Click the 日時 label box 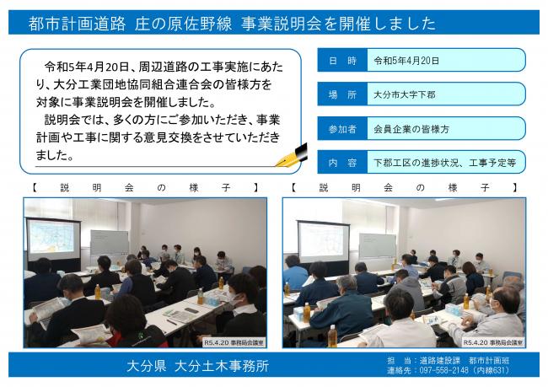[x=340, y=60]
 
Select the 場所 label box [x=340, y=94]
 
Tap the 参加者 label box [x=340, y=128]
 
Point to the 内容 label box [x=340, y=162]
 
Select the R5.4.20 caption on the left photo [x=234, y=342]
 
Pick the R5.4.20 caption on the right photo [x=493, y=342]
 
